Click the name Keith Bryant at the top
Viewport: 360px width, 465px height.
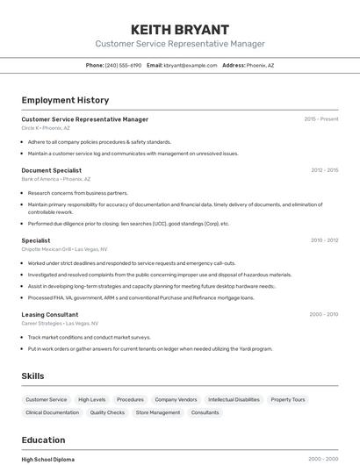[x=179, y=29]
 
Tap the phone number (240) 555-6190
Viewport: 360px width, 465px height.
[x=123, y=65]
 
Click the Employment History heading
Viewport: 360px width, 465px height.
[x=65, y=100]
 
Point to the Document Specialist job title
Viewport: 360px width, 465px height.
[x=51, y=170]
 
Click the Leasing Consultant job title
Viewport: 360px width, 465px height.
[x=49, y=314]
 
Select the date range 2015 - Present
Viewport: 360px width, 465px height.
[x=321, y=119]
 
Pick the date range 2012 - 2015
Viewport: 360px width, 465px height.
[x=324, y=170]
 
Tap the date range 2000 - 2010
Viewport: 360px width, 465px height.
[x=323, y=314]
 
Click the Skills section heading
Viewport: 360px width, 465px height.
[x=32, y=376]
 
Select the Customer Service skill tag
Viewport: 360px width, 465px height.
[x=46, y=400]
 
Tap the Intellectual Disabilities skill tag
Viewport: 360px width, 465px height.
[x=234, y=400]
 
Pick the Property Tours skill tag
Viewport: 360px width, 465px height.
[x=288, y=400]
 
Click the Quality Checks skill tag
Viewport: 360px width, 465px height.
[x=107, y=412]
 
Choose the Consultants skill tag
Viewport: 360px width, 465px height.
[x=205, y=412]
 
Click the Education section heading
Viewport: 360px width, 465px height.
[x=43, y=440]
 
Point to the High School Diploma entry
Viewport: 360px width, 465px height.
[x=47, y=459]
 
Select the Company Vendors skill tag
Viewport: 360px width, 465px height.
[x=176, y=400]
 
